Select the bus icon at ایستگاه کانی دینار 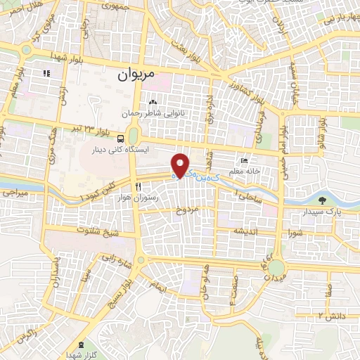pyautogui.click(x=121, y=138)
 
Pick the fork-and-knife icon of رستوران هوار pyautogui.click(x=139, y=186)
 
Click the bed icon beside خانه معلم pyautogui.click(x=244, y=161)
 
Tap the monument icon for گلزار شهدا pyautogui.click(x=80, y=345)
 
